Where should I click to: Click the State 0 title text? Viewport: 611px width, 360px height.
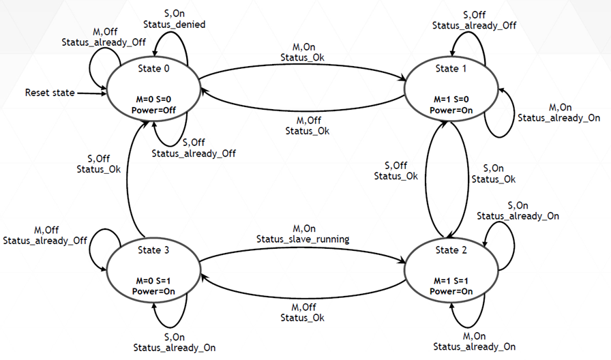(152, 69)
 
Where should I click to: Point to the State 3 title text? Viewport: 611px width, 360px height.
(152, 250)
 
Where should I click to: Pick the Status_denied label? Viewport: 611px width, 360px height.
(175, 25)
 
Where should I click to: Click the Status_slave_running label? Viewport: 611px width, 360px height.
(303, 239)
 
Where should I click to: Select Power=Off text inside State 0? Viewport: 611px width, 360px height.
(152, 110)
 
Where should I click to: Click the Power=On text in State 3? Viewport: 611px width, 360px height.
(152, 291)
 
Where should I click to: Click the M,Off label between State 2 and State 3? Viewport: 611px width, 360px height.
(303, 307)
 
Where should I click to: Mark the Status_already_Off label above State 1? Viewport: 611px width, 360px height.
(475, 25)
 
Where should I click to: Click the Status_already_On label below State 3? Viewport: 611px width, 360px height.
(175, 347)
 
